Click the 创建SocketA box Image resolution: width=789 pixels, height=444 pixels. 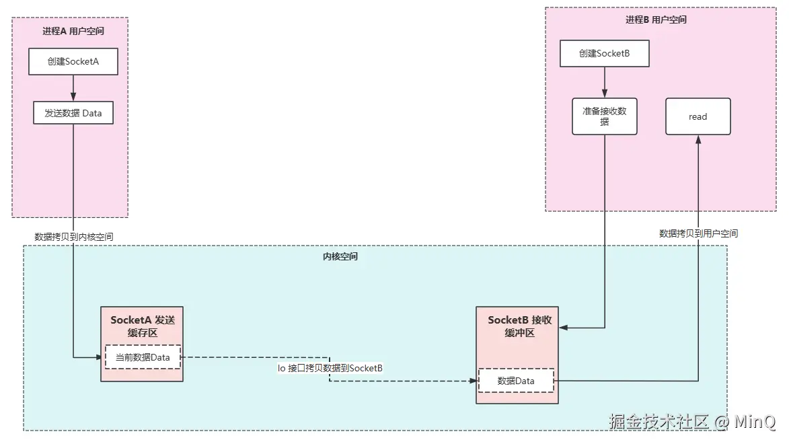coord(73,61)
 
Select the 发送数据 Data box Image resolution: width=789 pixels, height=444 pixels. coord(73,113)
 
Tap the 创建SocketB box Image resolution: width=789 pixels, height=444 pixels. coord(604,54)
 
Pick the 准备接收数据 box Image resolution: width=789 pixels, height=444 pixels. coord(604,116)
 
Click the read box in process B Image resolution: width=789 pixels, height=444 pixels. coord(698,116)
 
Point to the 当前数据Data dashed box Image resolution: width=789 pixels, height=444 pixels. coord(143,357)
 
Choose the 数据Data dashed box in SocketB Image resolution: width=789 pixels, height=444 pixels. coord(516,381)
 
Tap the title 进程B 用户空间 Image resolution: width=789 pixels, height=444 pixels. coord(656,20)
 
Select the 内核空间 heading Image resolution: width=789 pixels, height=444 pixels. coord(340,257)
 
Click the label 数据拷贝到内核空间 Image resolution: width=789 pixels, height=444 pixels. coord(74,237)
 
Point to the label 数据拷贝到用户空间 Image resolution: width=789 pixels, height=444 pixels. coord(698,233)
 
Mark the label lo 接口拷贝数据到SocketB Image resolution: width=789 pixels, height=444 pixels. coord(330,368)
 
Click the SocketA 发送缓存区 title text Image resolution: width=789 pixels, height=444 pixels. coord(143,326)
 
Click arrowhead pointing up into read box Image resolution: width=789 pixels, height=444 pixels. coord(698,139)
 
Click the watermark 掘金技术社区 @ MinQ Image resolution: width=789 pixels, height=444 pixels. coord(692,422)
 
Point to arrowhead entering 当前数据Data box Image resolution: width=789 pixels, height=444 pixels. coord(98,357)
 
